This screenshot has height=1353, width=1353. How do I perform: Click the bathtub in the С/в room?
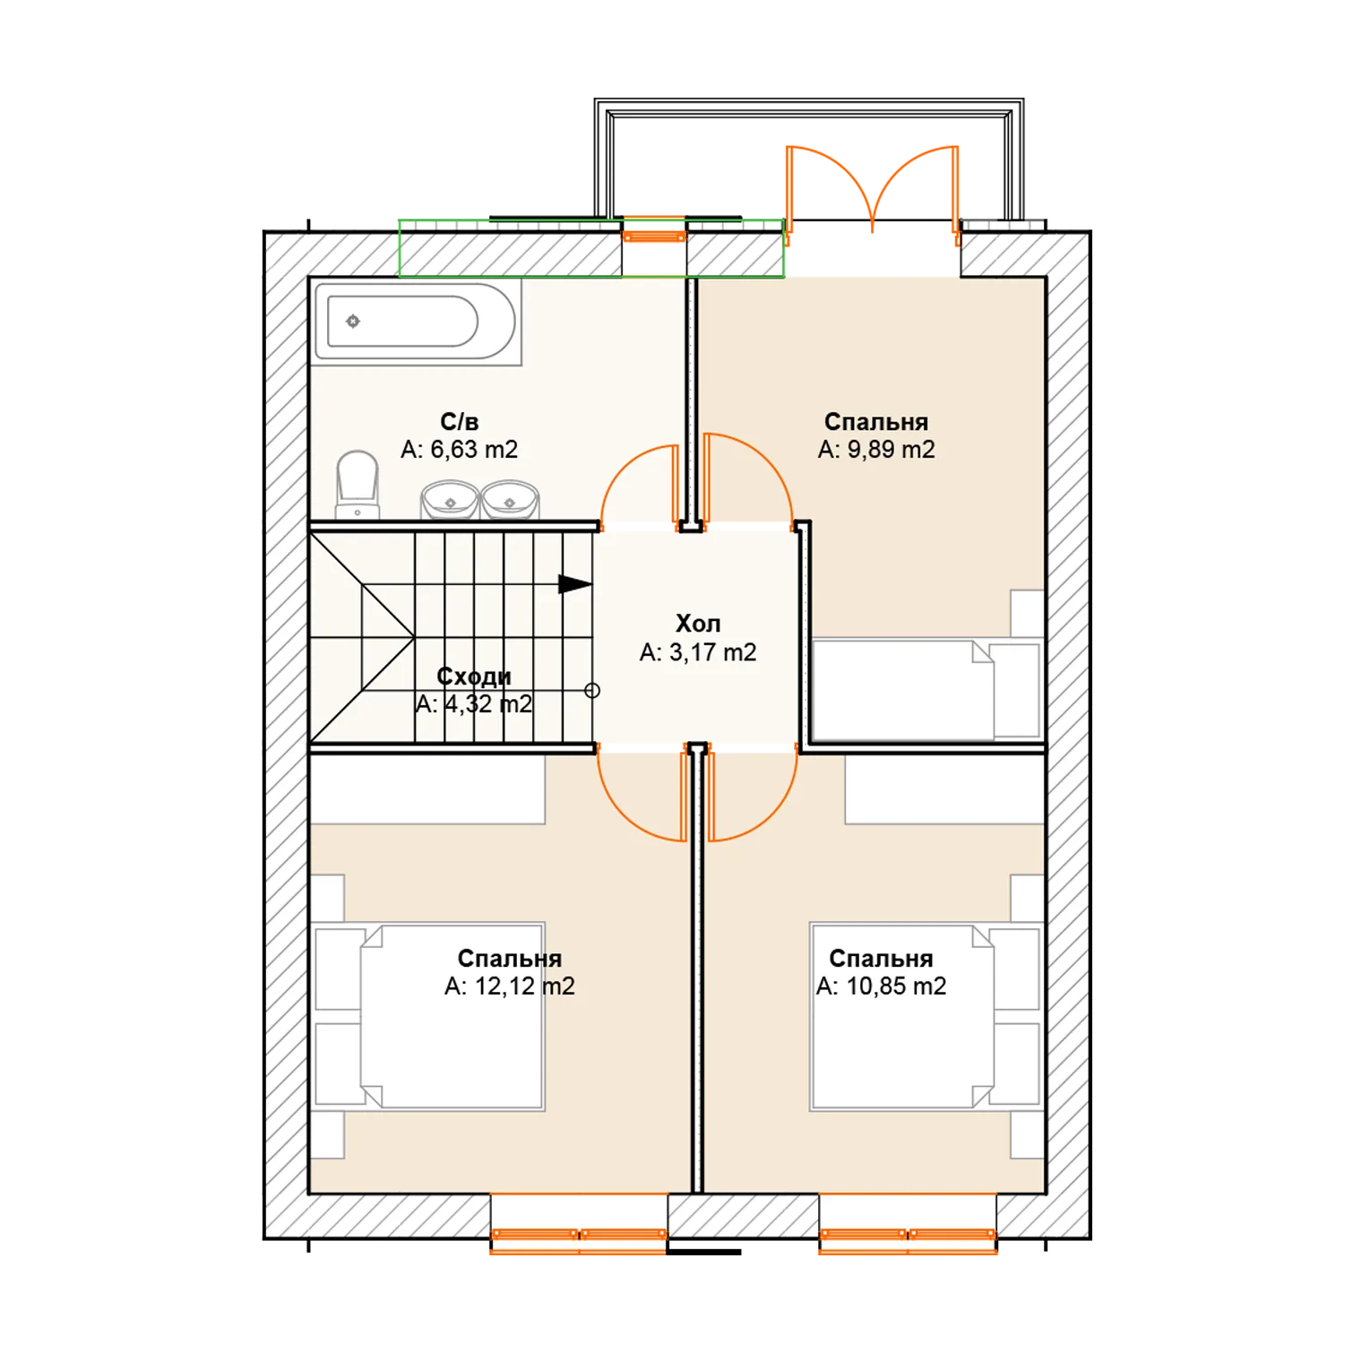(x=416, y=322)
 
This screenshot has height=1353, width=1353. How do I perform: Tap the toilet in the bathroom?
(x=358, y=484)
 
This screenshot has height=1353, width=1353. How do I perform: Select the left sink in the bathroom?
(x=450, y=500)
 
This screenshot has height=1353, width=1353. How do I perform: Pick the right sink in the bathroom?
(x=510, y=500)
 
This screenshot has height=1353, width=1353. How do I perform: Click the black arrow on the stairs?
(x=574, y=584)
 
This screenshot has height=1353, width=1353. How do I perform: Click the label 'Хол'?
(x=698, y=624)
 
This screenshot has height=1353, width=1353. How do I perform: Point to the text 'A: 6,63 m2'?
(x=459, y=450)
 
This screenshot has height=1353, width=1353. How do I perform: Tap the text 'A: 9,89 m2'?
(x=876, y=450)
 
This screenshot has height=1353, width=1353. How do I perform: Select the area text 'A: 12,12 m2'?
(x=510, y=987)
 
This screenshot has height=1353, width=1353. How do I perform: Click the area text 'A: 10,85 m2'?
(x=881, y=987)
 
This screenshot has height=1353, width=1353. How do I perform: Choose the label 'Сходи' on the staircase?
(x=474, y=676)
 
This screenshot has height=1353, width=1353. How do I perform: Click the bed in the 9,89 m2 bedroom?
(x=902, y=690)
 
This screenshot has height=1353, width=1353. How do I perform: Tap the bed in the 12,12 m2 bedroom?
(x=452, y=1017)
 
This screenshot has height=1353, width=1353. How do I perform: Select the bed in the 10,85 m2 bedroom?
(x=902, y=1017)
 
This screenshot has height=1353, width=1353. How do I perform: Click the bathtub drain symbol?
(x=353, y=321)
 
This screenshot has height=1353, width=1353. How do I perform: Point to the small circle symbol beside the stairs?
(x=592, y=690)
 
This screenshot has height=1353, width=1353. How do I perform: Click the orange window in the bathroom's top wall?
(x=654, y=237)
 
